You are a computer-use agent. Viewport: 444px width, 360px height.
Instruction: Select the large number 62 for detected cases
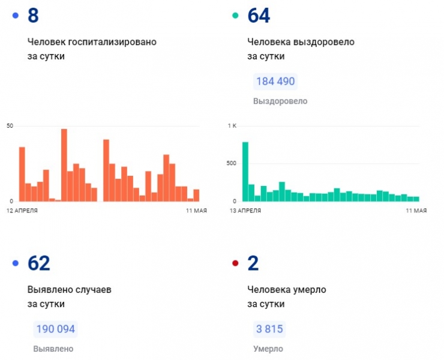(x=39, y=263)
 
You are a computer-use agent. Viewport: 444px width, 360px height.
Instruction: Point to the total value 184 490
(x=275, y=82)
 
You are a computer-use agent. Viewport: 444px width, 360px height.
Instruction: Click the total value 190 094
(x=56, y=329)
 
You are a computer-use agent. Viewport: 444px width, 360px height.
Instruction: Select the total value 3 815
(x=268, y=329)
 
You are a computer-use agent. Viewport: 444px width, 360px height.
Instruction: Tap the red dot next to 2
(x=235, y=263)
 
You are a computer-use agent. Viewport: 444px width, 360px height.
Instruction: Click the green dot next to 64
(x=235, y=16)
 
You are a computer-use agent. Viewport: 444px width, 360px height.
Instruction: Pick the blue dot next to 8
(x=16, y=16)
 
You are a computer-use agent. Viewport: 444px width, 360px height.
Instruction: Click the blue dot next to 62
(x=16, y=263)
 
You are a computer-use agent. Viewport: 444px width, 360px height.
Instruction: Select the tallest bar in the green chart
(x=245, y=172)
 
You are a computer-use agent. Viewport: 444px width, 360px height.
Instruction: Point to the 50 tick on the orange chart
(x=10, y=125)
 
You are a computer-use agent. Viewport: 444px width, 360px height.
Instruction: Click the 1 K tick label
(x=232, y=125)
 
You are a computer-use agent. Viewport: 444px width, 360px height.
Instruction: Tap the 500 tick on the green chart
(x=232, y=163)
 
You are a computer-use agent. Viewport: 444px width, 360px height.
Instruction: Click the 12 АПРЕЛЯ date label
(x=22, y=211)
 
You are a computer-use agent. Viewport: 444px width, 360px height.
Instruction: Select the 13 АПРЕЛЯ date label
(x=245, y=211)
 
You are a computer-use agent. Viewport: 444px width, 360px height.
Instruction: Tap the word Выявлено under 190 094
(x=53, y=349)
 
